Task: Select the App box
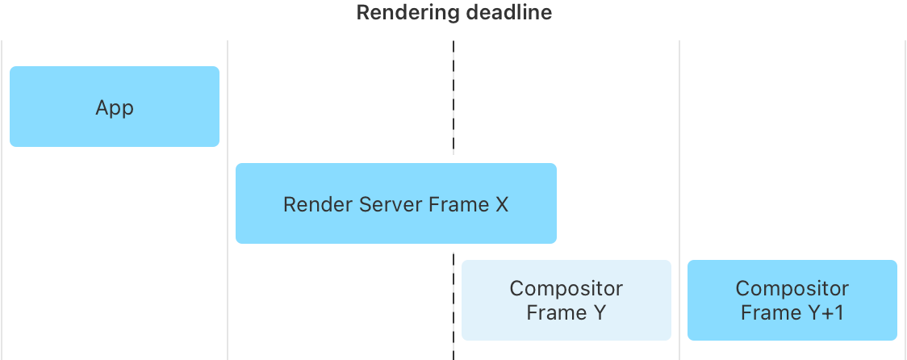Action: tap(115, 107)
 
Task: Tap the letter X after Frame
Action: tap(500, 204)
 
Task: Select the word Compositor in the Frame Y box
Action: tap(566, 288)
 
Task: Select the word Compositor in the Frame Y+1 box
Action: tap(792, 288)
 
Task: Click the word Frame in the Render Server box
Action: tap(457, 204)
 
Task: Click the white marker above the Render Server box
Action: tap(453, 159)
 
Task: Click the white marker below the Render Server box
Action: tap(453, 248)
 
